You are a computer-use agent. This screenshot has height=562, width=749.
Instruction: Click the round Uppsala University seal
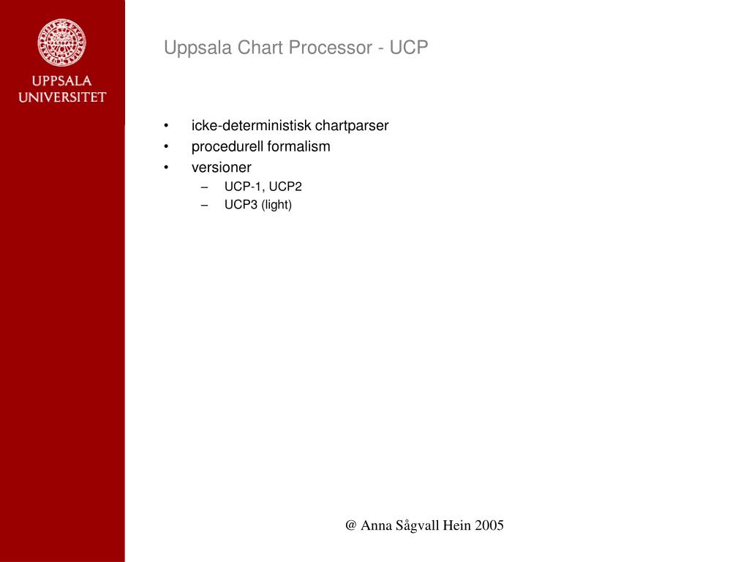point(62,42)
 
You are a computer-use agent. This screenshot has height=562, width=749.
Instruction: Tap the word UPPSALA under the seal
point(62,81)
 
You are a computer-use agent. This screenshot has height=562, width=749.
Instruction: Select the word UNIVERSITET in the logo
point(62,97)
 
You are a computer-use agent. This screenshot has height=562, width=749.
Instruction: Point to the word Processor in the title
point(334,48)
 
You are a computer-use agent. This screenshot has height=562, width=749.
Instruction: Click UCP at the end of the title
point(409,48)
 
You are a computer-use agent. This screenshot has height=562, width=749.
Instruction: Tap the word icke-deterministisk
point(252,126)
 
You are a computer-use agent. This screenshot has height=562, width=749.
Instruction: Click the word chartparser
point(352,126)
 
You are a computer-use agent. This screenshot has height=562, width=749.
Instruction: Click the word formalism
point(298,146)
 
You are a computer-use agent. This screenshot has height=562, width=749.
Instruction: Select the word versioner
point(221,168)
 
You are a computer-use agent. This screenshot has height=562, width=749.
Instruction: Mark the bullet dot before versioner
point(168,168)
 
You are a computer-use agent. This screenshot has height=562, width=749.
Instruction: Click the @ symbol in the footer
point(351,525)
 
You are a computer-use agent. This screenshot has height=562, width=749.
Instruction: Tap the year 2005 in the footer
point(489,525)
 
